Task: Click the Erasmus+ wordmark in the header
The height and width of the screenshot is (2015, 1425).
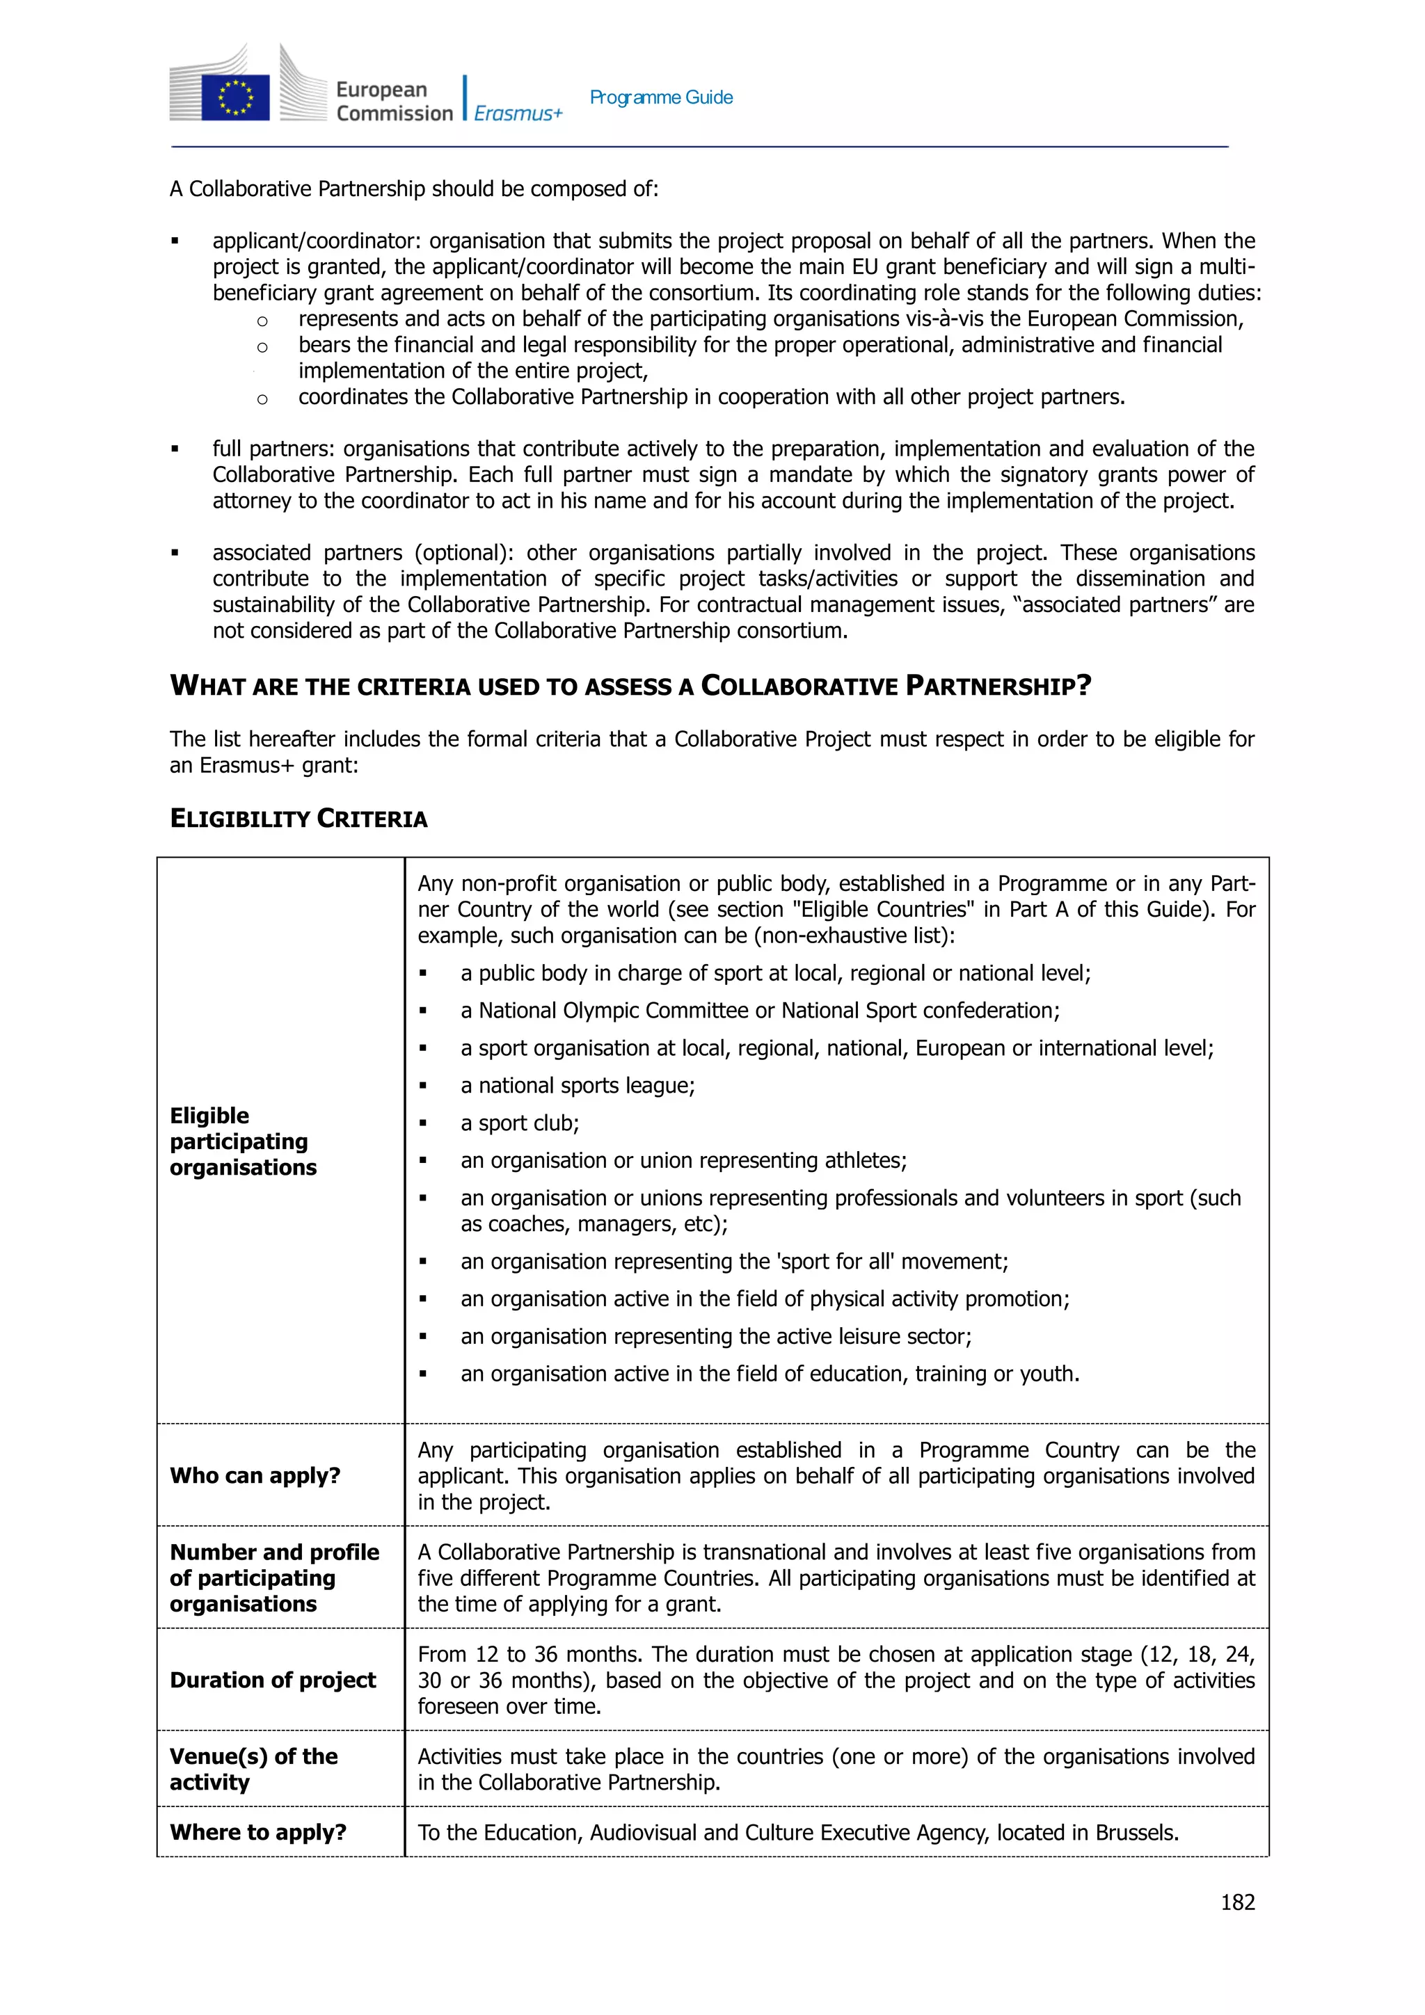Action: coord(518,113)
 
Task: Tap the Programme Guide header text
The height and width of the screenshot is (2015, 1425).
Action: coord(660,97)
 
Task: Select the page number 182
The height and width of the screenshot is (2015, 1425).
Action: coord(1237,1902)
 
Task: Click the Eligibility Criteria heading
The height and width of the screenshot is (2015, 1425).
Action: coord(298,819)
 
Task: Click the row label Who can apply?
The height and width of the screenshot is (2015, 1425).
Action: coord(255,1475)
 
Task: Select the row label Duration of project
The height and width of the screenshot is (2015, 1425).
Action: coord(272,1680)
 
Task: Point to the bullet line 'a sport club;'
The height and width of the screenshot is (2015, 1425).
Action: coord(519,1123)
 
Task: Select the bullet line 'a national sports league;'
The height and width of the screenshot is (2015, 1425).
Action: coord(577,1086)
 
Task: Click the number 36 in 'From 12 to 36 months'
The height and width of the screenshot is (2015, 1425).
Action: coord(546,1654)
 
